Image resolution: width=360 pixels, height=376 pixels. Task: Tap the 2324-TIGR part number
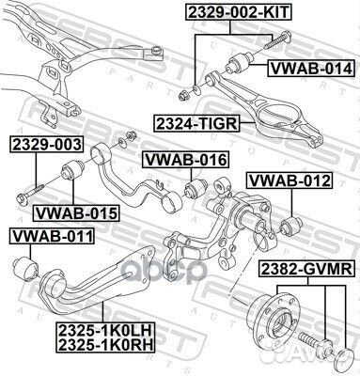[197, 121]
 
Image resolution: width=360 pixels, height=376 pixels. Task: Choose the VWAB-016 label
[185, 161]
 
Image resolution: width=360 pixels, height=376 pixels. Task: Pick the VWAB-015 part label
[76, 213]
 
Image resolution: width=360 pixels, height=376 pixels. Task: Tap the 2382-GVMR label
[305, 270]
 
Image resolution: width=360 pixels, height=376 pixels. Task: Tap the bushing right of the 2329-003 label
[74, 176]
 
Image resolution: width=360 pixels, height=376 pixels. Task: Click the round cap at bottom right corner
[344, 360]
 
